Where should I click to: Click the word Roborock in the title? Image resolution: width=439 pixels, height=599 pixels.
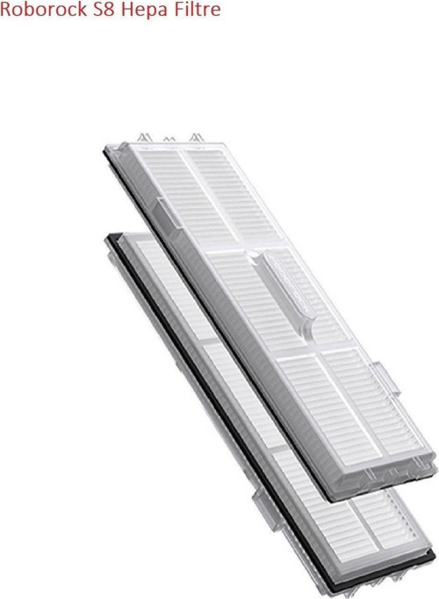(x=44, y=9)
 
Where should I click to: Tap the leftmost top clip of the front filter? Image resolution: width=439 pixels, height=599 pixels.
(x=145, y=138)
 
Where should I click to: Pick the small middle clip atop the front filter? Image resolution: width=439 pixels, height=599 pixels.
(x=169, y=140)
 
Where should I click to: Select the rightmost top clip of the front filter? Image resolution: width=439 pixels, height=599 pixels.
(x=196, y=138)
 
